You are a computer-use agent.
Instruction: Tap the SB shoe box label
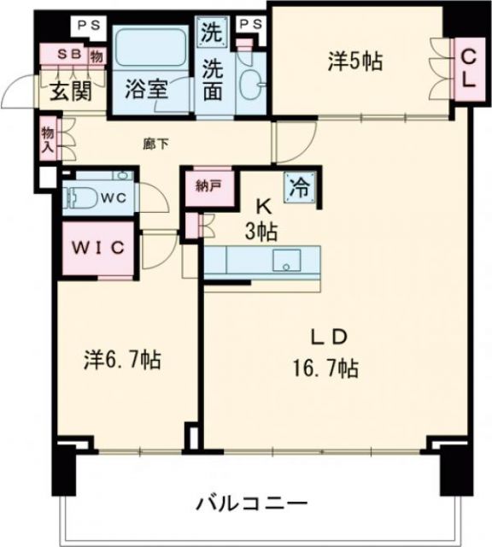tap(68, 54)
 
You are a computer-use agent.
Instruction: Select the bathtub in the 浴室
tap(152, 50)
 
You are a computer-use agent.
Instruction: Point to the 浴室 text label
tap(146, 90)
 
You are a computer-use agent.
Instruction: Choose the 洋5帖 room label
tap(354, 61)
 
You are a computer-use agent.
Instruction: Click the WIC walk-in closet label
tap(98, 248)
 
